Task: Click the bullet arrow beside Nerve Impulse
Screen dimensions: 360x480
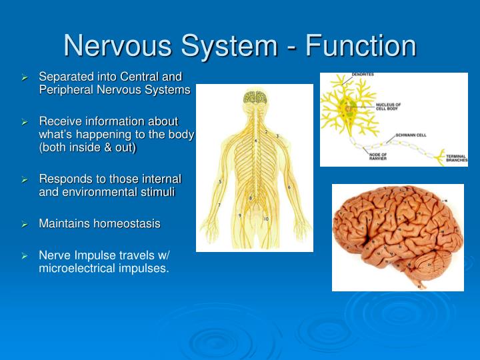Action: [x=25, y=256]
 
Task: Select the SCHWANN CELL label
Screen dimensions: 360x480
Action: [x=411, y=135]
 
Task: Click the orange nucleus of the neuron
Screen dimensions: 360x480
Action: [x=351, y=106]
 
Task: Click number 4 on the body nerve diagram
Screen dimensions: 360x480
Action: [x=255, y=141]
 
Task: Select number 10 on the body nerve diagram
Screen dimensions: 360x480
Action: [x=266, y=219]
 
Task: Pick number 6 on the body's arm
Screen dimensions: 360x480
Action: [x=289, y=187]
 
